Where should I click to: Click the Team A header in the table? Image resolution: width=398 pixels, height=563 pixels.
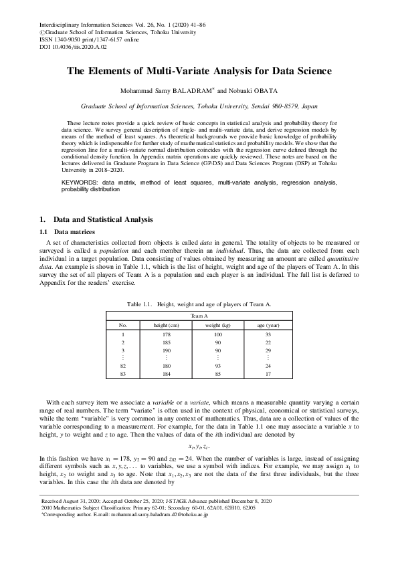pyautogui.click(x=199, y=315)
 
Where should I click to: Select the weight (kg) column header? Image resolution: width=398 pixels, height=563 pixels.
pyautogui.click(x=217, y=324)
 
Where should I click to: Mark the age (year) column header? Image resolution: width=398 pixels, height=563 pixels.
pyautogui.click(x=268, y=324)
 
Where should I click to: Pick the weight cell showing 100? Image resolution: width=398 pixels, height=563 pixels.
pyautogui.click(x=217, y=334)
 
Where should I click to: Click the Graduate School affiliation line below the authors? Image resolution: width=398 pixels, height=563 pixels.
pyautogui.click(x=199, y=106)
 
